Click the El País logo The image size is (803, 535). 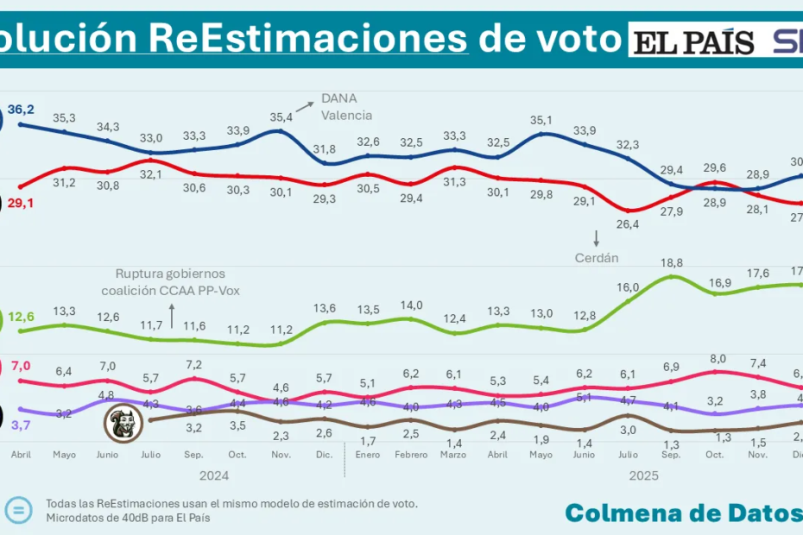pyautogui.click(x=693, y=41)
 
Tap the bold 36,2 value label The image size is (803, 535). pyautogui.click(x=21, y=110)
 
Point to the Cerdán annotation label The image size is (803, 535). pyautogui.click(x=596, y=257)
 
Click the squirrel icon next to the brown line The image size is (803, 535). pyautogui.click(x=124, y=423)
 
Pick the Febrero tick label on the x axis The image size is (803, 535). pyautogui.click(x=411, y=454)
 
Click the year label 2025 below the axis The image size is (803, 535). pyautogui.click(x=643, y=475)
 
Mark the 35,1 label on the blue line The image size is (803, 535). pyautogui.click(x=541, y=121)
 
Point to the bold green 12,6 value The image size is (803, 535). pyautogui.click(x=21, y=317)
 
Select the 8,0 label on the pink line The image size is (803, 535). pyautogui.click(x=717, y=358)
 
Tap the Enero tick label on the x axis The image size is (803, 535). pyautogui.click(x=369, y=454)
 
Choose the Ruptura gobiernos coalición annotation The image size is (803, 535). pyautogui.click(x=170, y=282)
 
